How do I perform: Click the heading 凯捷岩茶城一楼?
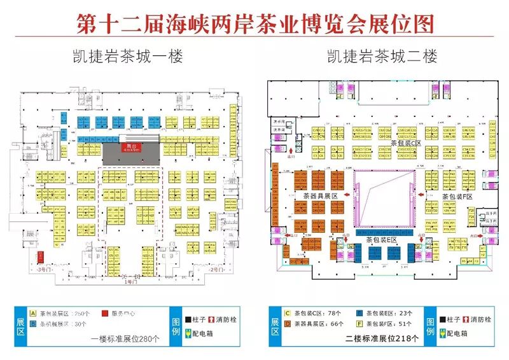point(127,57)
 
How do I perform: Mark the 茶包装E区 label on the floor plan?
point(381,240)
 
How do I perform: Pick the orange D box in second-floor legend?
point(288,324)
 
